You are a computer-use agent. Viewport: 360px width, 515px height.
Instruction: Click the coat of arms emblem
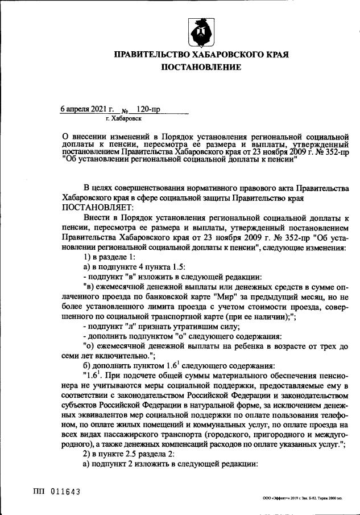[x=201, y=34]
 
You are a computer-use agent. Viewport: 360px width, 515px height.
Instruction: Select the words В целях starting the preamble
[x=97, y=188]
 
